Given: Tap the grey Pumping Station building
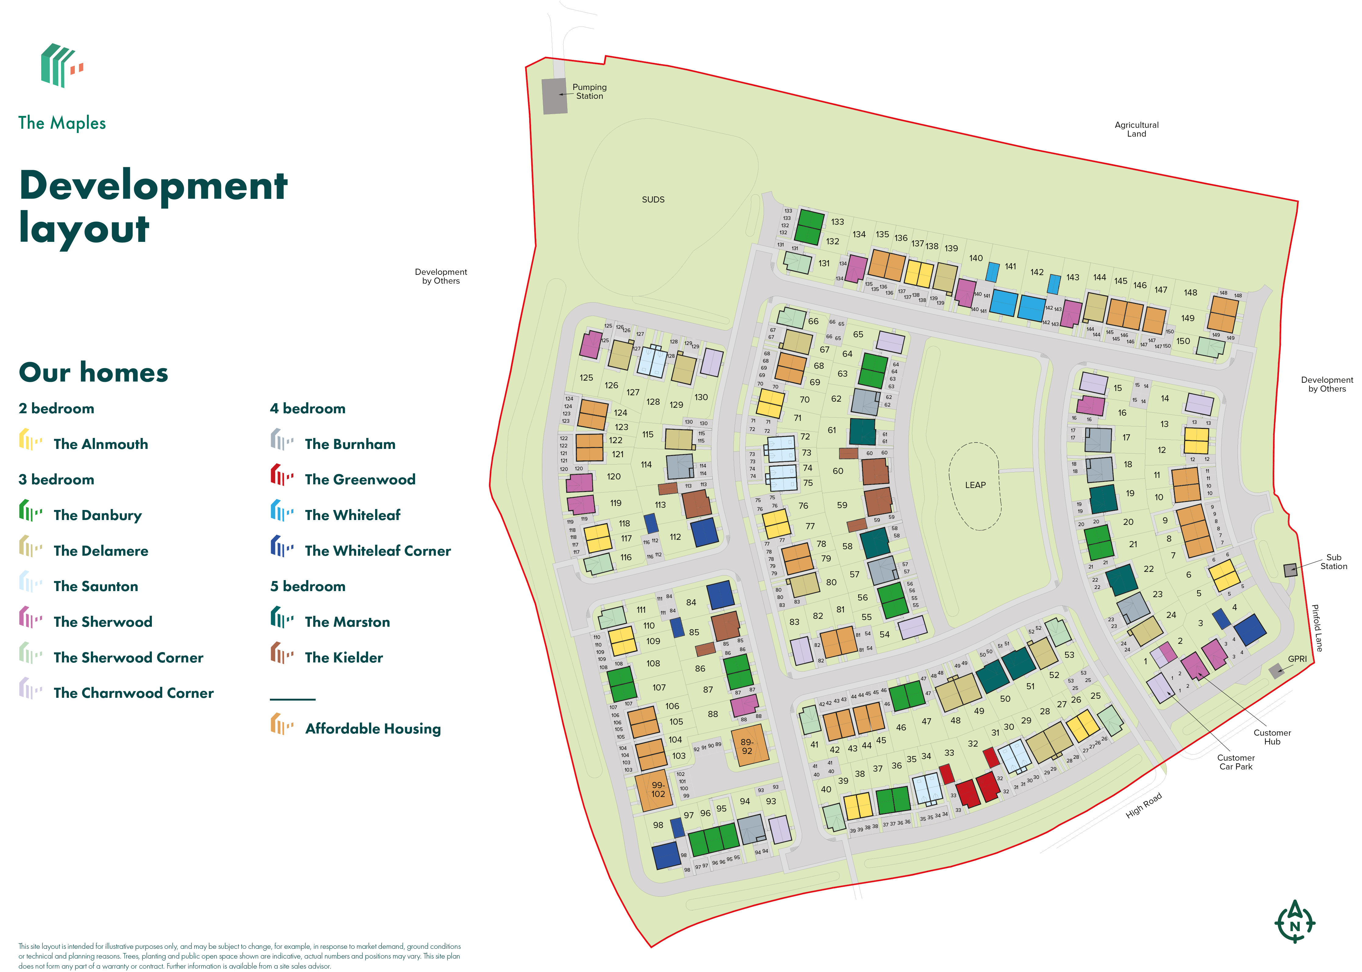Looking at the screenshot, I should pyautogui.click(x=554, y=96).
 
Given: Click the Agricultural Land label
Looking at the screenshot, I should pyautogui.click(x=1136, y=129).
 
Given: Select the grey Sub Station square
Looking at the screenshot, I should pyautogui.click(x=1290, y=570).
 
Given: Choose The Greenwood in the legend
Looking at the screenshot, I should pyautogui.click(x=360, y=479).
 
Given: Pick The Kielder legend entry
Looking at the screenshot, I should pyautogui.click(x=343, y=658).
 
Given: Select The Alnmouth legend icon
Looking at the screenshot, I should pyautogui.click(x=30, y=440).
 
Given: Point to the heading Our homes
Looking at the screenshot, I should pyautogui.click(x=93, y=373).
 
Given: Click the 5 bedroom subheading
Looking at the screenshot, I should pyautogui.click(x=308, y=586).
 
